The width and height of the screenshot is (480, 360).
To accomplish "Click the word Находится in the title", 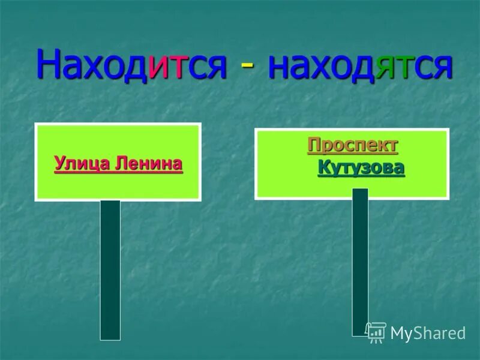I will (x=131, y=66).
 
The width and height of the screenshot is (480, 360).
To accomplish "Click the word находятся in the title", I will (x=359, y=66).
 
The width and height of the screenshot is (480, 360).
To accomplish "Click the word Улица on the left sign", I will (x=78, y=163).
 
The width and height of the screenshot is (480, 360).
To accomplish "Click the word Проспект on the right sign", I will (x=353, y=145).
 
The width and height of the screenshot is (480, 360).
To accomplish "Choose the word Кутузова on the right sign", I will (x=361, y=167).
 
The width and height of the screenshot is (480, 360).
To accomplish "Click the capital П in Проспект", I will (x=314, y=145).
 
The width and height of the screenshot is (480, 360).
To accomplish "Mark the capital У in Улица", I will (x=59, y=163).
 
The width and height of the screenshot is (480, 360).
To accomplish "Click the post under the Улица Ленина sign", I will (x=110, y=270).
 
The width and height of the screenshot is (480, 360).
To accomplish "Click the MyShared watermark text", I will (x=428, y=333).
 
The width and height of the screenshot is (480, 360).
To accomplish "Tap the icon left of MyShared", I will (x=376, y=332).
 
